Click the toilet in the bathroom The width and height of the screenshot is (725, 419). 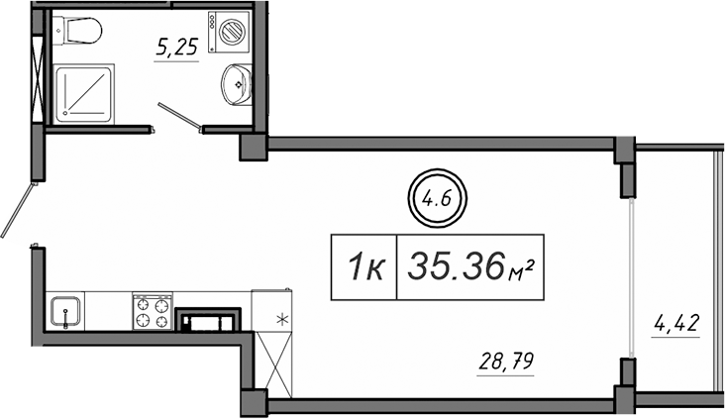(x=79, y=31)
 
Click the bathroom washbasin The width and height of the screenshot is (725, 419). (x=236, y=84)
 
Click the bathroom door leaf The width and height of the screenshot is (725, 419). (x=179, y=116)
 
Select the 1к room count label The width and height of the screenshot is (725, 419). (x=363, y=266)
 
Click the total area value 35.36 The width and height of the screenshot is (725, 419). (x=457, y=266)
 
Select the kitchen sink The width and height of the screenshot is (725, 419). (x=65, y=311)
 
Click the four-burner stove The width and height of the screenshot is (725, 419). (x=153, y=311)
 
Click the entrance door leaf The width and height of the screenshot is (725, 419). (x=18, y=208)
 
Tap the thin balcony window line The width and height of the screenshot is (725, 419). (x=631, y=277)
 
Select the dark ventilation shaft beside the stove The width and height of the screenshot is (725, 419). (x=208, y=319)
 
